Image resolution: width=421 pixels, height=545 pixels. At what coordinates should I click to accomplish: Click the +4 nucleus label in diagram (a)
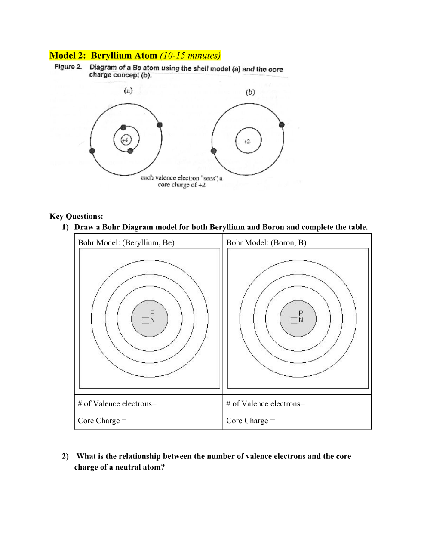click(125, 140)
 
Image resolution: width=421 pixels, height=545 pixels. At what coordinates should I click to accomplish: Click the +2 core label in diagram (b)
click(247, 142)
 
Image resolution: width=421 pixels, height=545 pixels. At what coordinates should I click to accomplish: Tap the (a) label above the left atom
click(128, 90)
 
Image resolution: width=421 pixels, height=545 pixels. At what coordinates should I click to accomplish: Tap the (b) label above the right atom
click(250, 92)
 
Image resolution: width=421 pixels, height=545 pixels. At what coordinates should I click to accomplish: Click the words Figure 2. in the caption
click(68, 67)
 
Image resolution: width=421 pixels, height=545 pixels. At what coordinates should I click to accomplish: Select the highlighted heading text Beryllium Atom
click(124, 56)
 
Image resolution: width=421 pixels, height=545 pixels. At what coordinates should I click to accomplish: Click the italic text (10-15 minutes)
click(190, 56)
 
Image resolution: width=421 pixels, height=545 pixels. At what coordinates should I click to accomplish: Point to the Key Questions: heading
click(76, 216)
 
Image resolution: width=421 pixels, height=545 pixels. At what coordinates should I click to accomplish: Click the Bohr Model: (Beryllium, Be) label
click(126, 242)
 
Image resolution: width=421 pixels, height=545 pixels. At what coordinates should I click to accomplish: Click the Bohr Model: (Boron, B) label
click(266, 242)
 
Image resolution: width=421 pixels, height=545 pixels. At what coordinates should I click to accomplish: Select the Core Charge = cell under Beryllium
click(102, 421)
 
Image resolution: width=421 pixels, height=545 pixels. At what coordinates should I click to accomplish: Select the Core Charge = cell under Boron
click(250, 421)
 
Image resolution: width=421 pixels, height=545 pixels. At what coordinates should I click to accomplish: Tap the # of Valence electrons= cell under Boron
click(265, 403)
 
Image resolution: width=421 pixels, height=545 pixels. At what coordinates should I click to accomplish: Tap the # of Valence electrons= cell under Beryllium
click(117, 403)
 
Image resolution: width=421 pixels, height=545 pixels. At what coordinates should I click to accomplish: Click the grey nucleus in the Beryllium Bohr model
click(149, 319)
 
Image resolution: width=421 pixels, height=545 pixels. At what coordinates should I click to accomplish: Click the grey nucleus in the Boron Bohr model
click(298, 319)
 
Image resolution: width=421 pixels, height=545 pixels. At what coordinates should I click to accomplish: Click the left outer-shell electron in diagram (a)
click(92, 151)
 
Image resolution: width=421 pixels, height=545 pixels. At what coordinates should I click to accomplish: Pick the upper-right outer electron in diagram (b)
click(282, 125)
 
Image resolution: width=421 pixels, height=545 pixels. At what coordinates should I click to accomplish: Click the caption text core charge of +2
click(181, 185)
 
